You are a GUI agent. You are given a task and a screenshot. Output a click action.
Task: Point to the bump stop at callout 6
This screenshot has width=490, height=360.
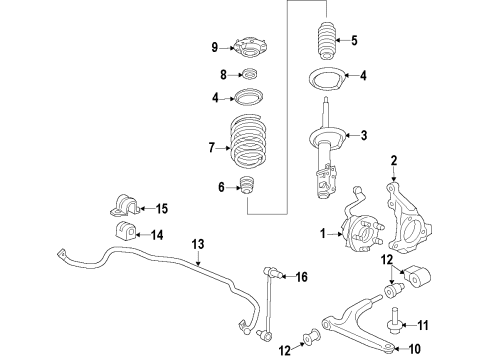[x=248, y=188]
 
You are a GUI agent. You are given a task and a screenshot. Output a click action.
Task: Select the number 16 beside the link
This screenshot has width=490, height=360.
[x=302, y=276]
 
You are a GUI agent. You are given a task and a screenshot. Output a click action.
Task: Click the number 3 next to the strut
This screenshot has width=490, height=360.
[x=364, y=136]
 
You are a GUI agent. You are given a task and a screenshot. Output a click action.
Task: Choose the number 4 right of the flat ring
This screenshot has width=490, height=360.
[x=364, y=74]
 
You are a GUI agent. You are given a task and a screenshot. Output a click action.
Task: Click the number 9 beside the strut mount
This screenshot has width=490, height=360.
[x=213, y=47]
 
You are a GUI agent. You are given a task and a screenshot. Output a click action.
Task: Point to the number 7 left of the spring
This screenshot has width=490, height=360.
[x=211, y=147]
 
